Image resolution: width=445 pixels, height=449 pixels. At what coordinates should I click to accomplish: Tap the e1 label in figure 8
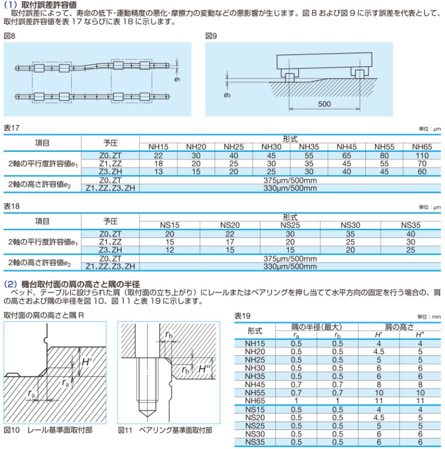tap(177, 79)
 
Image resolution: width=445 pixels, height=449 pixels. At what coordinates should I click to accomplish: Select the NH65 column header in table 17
tap(422, 146)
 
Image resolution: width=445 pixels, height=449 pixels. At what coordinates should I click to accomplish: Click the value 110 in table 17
tap(422, 155)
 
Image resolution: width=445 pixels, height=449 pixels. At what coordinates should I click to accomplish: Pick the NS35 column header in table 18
tap(411, 224)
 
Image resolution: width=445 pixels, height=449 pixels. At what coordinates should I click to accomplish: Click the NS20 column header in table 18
tap(230, 224)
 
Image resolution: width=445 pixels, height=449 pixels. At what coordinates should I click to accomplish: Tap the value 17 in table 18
tap(230, 241)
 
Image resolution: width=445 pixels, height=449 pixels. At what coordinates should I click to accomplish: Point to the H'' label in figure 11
tap(204, 369)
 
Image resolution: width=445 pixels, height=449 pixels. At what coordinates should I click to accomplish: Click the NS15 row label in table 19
tap(255, 409)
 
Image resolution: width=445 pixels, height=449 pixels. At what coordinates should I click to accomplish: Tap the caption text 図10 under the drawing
tap(11, 430)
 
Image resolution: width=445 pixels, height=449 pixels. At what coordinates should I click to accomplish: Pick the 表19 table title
tap(242, 316)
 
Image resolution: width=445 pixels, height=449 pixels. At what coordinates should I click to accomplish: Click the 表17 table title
tap(11, 128)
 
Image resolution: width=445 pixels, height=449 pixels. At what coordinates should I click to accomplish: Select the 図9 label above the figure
tap(211, 36)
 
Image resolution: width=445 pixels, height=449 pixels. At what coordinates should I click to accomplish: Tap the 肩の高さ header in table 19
tap(399, 326)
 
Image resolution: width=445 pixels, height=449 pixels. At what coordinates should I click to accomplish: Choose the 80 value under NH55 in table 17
tap(384, 155)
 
